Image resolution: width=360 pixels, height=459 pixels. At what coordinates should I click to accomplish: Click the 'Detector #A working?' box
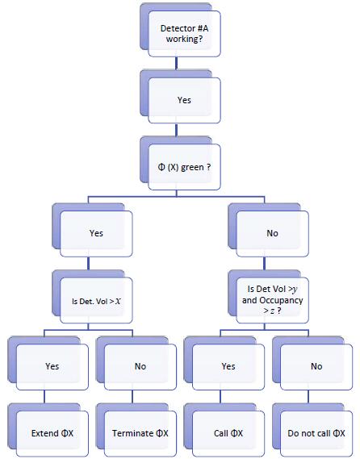[x=183, y=33]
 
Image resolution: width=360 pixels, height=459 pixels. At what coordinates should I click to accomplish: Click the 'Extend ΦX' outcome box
[x=52, y=433]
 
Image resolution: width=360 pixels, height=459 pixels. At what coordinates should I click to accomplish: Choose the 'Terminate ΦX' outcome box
[x=140, y=433]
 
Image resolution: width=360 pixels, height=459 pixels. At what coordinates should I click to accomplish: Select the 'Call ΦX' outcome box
[x=228, y=433]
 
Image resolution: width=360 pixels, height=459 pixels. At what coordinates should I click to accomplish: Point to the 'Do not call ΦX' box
[x=316, y=433]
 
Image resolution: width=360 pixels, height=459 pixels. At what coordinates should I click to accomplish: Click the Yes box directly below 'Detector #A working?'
[x=183, y=100]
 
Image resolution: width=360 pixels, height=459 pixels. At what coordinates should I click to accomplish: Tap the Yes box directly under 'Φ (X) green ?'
[x=96, y=233]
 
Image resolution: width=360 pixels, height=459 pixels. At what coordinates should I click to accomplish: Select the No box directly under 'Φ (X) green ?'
[x=271, y=233]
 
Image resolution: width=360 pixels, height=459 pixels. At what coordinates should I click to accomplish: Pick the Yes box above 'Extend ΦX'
[x=52, y=366]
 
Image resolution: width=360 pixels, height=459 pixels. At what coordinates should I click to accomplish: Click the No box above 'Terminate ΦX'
[x=140, y=366]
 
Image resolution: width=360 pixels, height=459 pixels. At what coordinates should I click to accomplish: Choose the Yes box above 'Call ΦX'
[x=228, y=366]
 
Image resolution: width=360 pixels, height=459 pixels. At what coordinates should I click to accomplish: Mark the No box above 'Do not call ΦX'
[x=316, y=366]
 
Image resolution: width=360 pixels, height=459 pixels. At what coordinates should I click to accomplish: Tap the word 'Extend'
[x=45, y=433]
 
